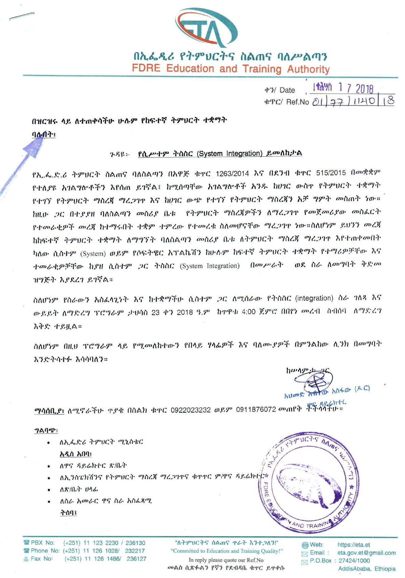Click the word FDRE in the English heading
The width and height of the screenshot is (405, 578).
146,68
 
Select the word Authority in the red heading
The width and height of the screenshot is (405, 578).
308,69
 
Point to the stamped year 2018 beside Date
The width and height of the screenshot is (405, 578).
364,89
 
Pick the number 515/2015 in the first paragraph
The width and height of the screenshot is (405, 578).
331,173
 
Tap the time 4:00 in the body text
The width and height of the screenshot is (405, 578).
249,312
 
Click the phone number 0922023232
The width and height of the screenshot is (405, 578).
191,410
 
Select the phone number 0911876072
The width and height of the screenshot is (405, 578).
256,410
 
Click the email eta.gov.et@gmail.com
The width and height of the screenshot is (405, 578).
366,553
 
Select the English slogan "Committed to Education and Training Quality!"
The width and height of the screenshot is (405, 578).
227,551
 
